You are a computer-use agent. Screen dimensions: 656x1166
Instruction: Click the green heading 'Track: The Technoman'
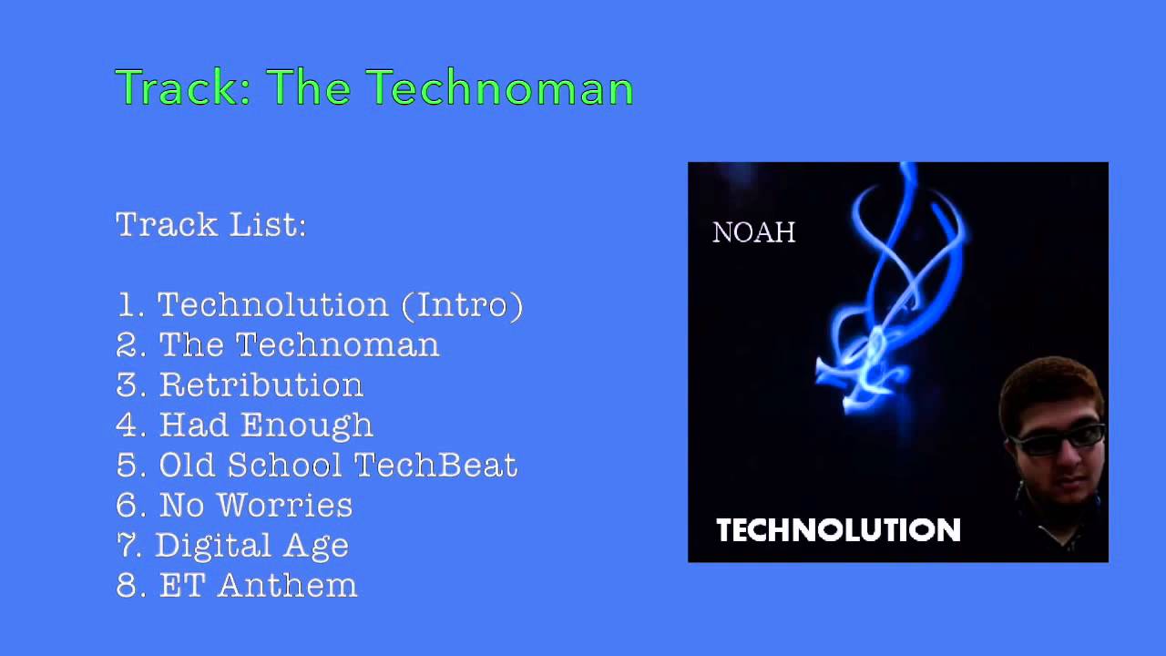click(x=373, y=88)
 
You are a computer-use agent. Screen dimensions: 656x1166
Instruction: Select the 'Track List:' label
click(x=210, y=224)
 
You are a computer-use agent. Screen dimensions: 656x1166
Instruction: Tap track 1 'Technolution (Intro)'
click(x=320, y=304)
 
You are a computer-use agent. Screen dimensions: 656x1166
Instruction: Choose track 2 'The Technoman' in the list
click(x=278, y=344)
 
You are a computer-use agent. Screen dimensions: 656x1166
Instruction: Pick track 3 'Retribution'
click(x=240, y=384)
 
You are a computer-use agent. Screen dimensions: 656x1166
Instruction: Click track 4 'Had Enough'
click(x=244, y=425)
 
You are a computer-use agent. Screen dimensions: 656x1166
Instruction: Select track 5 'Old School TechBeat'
click(x=317, y=465)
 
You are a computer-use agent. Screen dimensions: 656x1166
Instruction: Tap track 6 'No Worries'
click(x=234, y=505)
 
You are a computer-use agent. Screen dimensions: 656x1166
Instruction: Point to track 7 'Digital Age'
click(x=232, y=545)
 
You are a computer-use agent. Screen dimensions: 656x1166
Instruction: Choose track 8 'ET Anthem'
click(x=237, y=585)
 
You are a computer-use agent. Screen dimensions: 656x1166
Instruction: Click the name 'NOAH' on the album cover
click(x=753, y=233)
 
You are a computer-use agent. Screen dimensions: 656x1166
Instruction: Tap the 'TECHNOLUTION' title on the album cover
click(x=838, y=530)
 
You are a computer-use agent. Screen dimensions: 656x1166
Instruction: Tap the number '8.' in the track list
click(x=130, y=585)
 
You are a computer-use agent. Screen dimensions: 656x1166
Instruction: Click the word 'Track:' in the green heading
click(x=182, y=88)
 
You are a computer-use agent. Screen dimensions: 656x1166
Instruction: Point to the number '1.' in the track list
click(x=130, y=304)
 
